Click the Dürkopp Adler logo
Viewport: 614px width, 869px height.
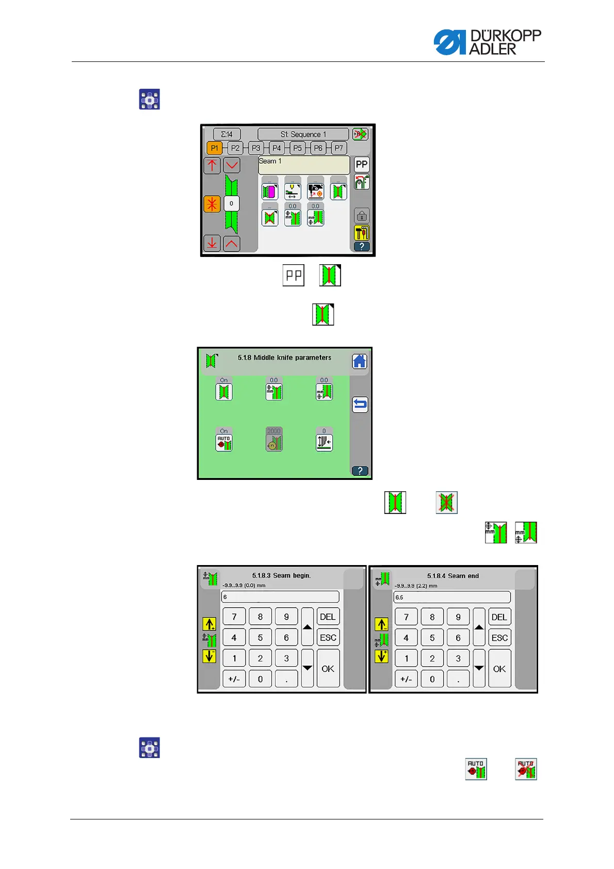(487, 42)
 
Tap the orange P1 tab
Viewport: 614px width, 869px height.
(215, 148)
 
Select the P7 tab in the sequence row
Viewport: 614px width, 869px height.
(338, 148)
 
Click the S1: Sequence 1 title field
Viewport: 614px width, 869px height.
(303, 134)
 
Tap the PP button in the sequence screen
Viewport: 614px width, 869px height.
(362, 165)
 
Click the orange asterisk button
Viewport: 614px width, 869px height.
(212, 204)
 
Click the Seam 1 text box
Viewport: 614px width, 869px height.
(303, 165)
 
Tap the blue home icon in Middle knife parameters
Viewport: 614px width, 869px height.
(360, 361)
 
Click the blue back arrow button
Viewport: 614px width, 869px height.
(360, 404)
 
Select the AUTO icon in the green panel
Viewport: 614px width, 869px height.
(224, 442)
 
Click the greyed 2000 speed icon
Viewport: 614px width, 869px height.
(273, 442)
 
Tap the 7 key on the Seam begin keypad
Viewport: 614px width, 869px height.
(234, 617)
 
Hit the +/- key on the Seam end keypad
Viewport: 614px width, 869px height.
(406, 679)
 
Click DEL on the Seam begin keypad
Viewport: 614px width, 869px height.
(328, 617)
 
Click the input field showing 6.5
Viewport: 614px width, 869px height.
(451, 597)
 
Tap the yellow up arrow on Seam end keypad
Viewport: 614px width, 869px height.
(381, 624)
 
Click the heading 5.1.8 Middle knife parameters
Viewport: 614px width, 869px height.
(284, 357)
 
